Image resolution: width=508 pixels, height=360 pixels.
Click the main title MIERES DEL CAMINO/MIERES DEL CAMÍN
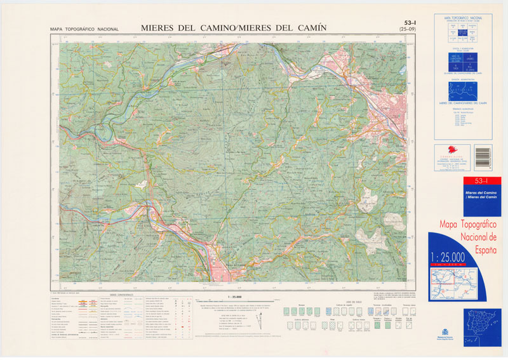pyautogui.click(x=234, y=27)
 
